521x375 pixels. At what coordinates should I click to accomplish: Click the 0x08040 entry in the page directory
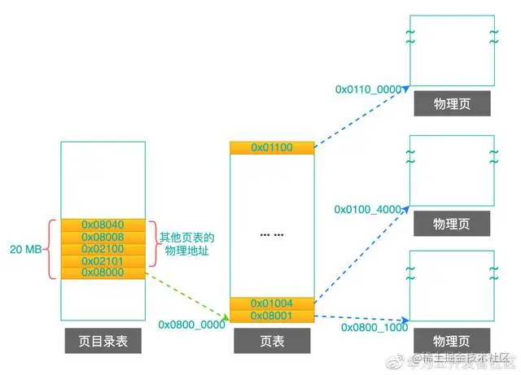(103, 225)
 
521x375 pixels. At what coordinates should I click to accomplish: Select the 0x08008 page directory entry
(103, 237)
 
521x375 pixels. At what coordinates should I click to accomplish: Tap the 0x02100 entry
(103, 249)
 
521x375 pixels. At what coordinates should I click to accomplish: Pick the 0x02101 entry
(103, 261)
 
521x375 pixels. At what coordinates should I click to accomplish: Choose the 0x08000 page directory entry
(103, 273)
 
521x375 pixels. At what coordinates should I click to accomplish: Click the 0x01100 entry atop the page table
(272, 147)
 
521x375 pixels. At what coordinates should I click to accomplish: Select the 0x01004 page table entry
(272, 303)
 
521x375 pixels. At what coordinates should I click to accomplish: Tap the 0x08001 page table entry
(272, 316)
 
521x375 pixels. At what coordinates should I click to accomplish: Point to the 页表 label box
(272, 342)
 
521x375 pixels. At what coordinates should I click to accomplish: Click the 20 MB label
(25, 249)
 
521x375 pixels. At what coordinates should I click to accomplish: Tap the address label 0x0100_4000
(368, 209)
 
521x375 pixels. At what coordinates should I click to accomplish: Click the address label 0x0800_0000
(191, 324)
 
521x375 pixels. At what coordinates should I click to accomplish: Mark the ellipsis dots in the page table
(272, 234)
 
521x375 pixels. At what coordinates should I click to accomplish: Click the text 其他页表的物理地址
(186, 243)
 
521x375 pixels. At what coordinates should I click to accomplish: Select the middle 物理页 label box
(451, 223)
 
